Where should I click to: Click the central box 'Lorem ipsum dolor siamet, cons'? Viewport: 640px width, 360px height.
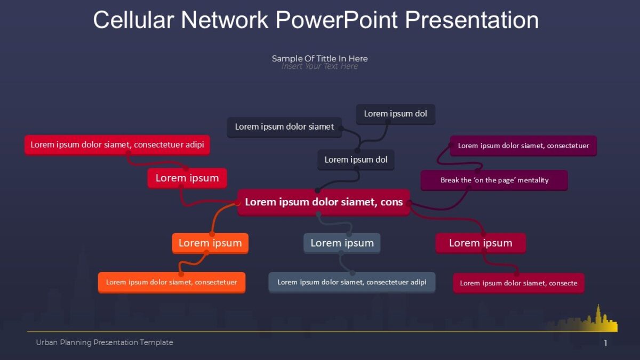point(323,202)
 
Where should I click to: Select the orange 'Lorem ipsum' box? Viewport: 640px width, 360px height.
point(210,243)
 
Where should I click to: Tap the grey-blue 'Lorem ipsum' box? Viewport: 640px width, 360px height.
point(342,243)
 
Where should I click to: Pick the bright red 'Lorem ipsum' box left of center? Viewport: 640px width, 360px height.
point(187,178)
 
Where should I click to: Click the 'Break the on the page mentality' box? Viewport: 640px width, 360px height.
point(494,180)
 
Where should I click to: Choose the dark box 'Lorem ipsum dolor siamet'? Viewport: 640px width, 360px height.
point(284,127)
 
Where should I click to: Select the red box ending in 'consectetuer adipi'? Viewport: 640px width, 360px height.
point(117,145)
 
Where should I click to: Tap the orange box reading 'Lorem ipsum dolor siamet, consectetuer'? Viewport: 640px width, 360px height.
point(171,282)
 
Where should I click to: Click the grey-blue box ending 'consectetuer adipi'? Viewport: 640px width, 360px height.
point(351,282)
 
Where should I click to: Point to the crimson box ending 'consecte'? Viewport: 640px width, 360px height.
point(518,283)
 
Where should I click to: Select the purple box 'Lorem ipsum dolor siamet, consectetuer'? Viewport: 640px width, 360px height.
point(523,146)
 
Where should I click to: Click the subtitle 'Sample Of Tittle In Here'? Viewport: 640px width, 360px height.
point(319,59)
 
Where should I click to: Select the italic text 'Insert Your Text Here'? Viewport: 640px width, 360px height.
point(319,67)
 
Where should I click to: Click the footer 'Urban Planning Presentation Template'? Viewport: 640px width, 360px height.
point(105,342)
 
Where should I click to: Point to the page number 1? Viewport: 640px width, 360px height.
point(605,343)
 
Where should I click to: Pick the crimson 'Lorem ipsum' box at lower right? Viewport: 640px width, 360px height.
point(480,243)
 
